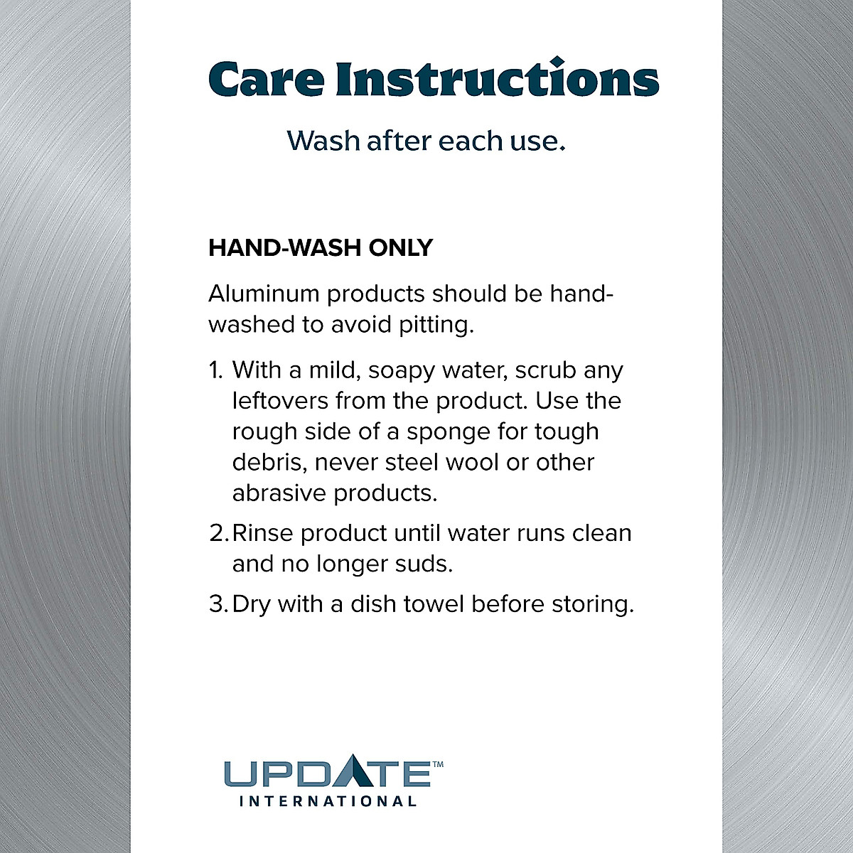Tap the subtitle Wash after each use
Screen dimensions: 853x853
click(426, 141)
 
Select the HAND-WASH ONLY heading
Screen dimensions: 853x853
click(321, 248)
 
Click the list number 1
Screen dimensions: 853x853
click(216, 370)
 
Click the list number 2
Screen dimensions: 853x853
click(217, 533)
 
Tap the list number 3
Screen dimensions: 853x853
click(217, 604)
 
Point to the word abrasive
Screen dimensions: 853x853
click(279, 493)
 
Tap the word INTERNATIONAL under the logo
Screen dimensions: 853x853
click(328, 802)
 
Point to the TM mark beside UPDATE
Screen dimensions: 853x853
click(438, 765)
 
